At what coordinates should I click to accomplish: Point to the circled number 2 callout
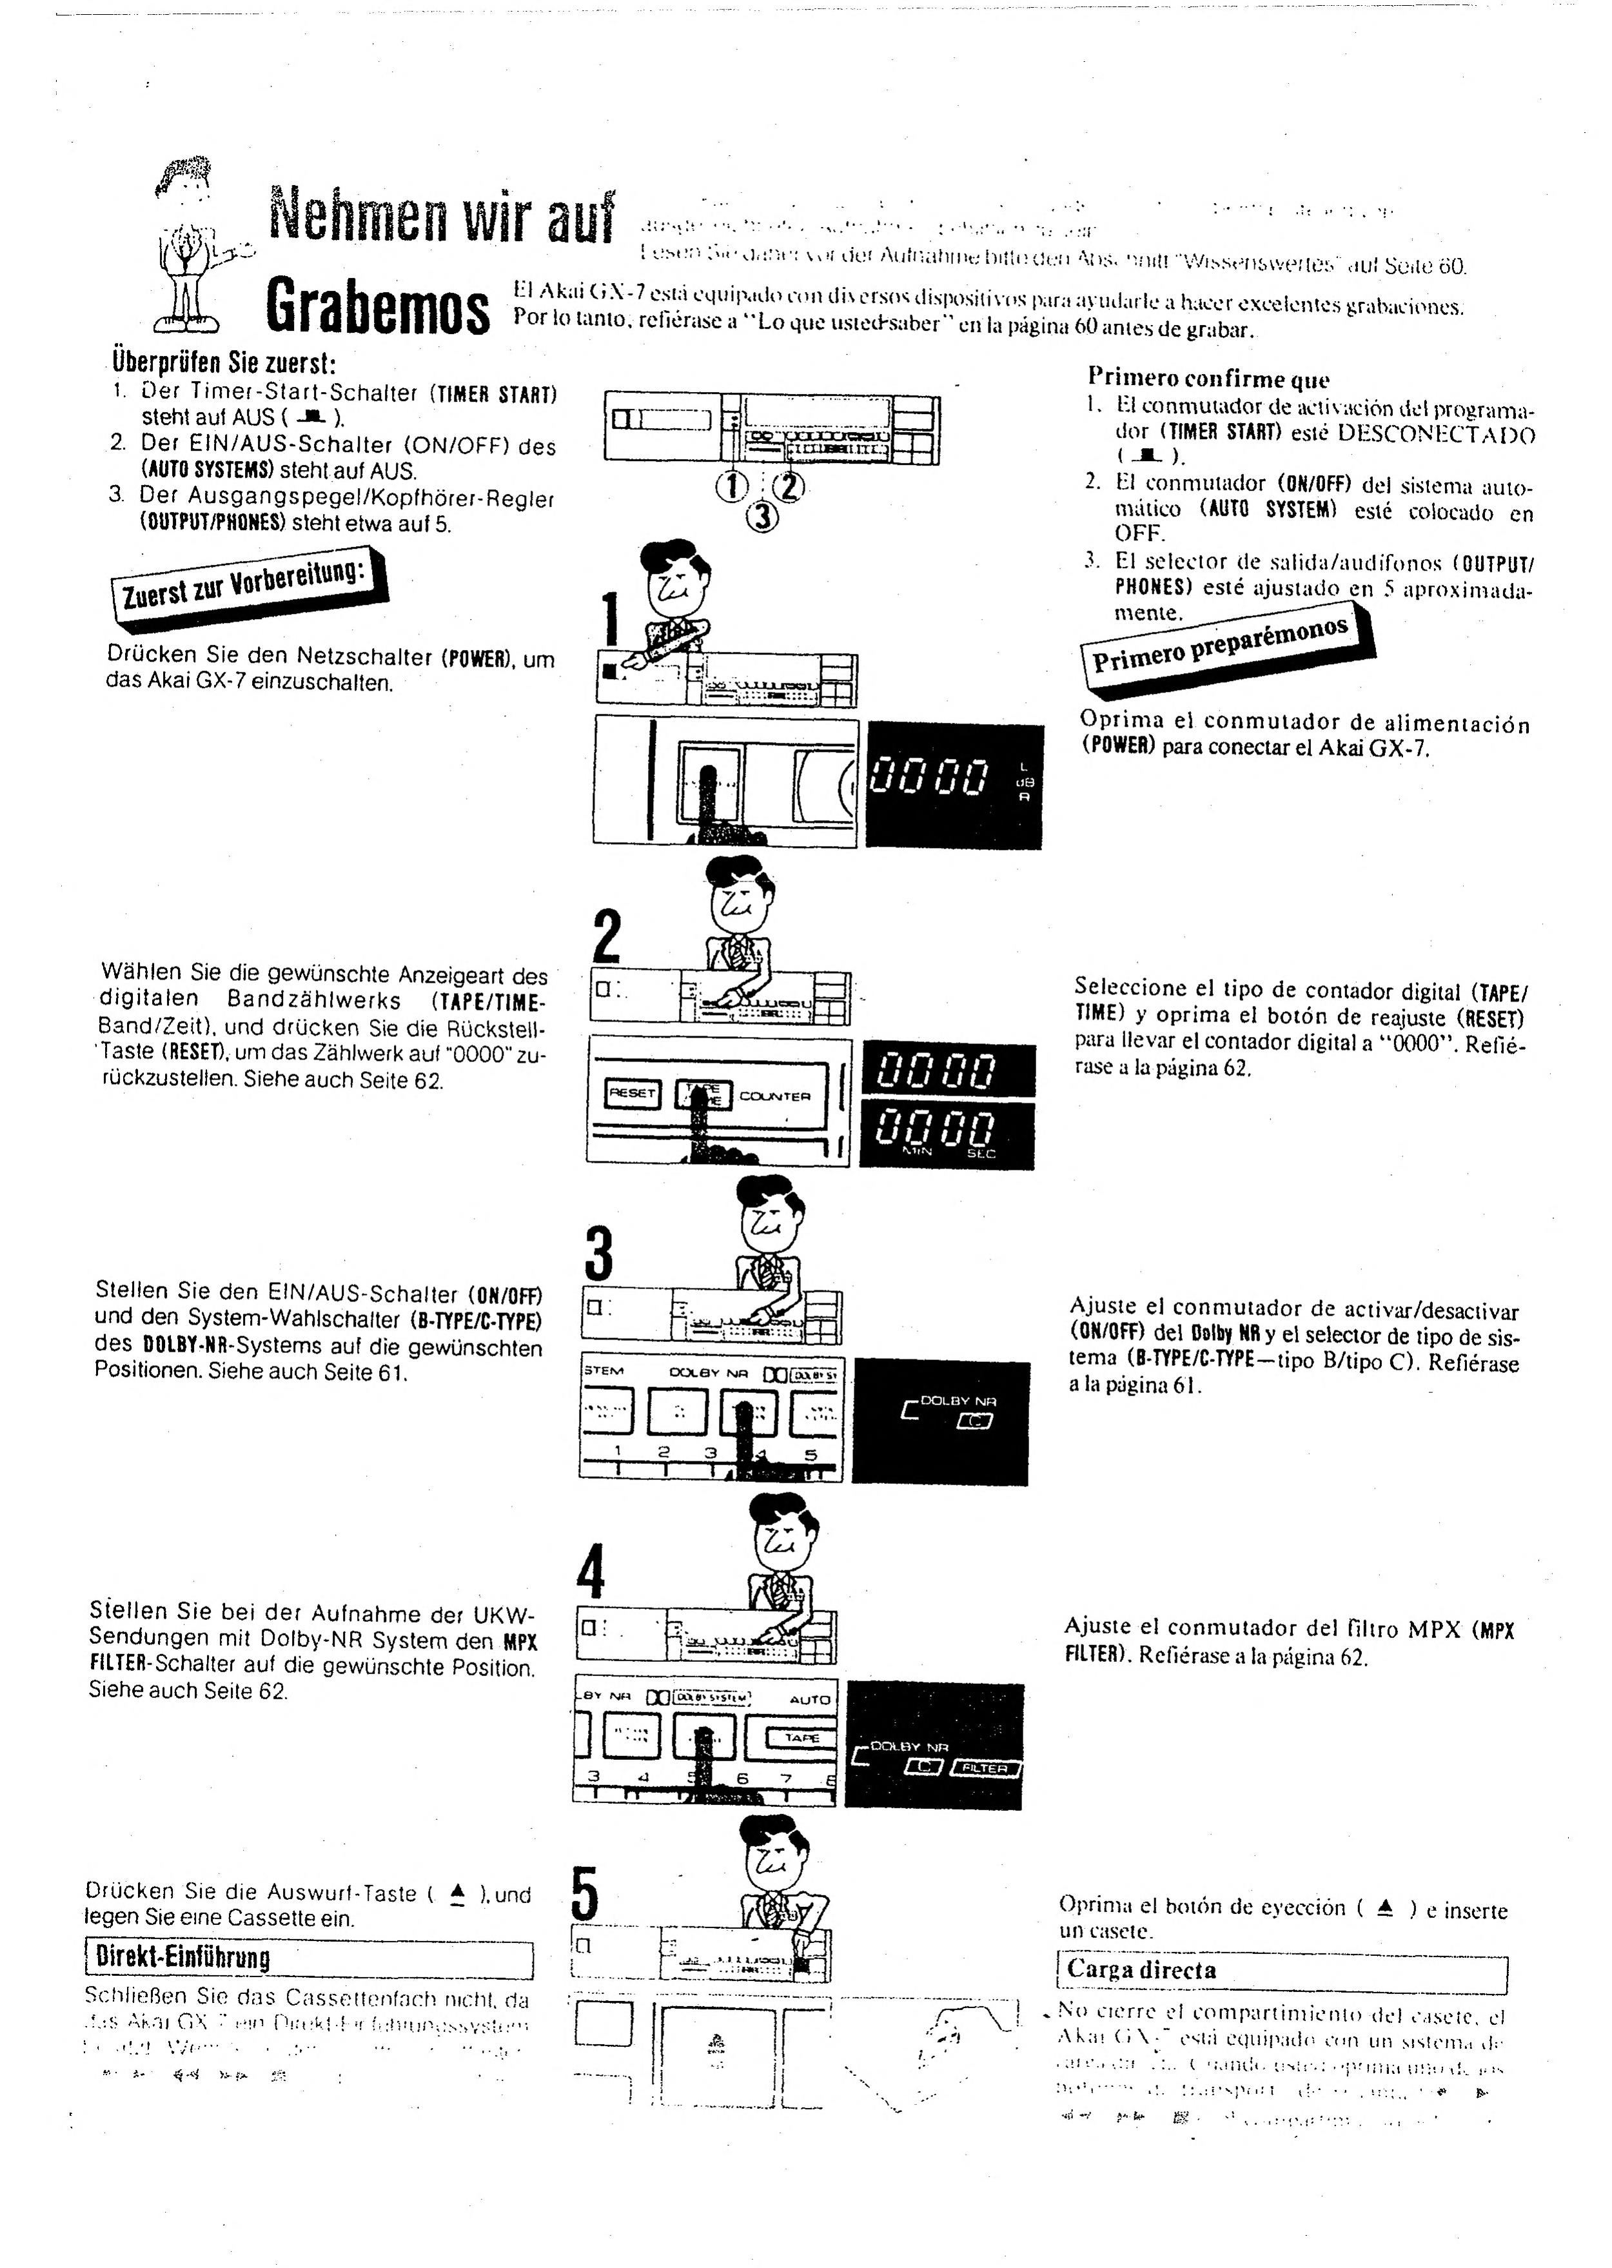pyautogui.click(x=790, y=486)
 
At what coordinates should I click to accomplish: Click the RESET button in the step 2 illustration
pyautogui.click(x=633, y=1094)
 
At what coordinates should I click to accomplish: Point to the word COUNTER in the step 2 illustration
pyautogui.click(x=775, y=1096)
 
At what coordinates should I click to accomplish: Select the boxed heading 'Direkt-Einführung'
pyautogui.click(x=179, y=1957)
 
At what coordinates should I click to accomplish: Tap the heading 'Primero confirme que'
pyautogui.click(x=1208, y=377)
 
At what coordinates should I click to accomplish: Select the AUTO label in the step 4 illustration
pyautogui.click(x=809, y=1699)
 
